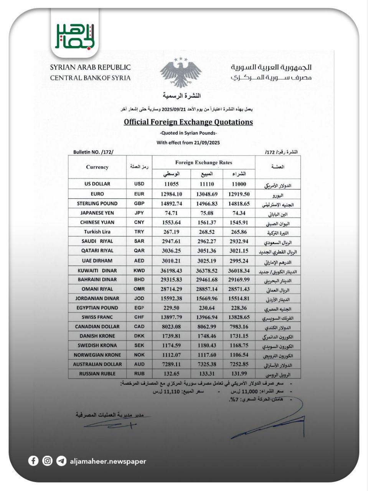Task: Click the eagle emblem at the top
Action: click(x=180, y=73)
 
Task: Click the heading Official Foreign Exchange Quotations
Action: click(x=188, y=122)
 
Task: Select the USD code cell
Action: click(x=139, y=184)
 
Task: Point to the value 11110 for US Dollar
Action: click(x=207, y=184)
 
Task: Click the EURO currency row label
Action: click(x=97, y=194)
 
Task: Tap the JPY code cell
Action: click(x=139, y=213)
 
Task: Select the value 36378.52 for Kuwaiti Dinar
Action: click(x=207, y=270)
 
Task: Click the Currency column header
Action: click(x=97, y=167)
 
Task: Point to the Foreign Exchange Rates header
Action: click(x=203, y=163)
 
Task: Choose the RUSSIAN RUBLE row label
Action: click(x=97, y=374)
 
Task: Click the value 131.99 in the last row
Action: click(x=239, y=374)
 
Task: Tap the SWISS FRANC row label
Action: click(x=97, y=317)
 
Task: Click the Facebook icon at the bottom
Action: click(x=33, y=461)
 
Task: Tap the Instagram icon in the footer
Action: click(x=47, y=461)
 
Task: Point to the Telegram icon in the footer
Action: click(x=61, y=461)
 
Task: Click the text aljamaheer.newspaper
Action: click(x=108, y=461)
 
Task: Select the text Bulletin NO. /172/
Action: click(x=93, y=152)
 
